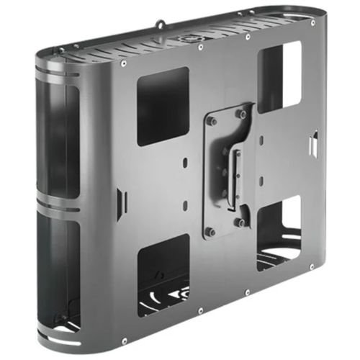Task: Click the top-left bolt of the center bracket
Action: (211, 121)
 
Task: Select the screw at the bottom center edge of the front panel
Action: (247, 292)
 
